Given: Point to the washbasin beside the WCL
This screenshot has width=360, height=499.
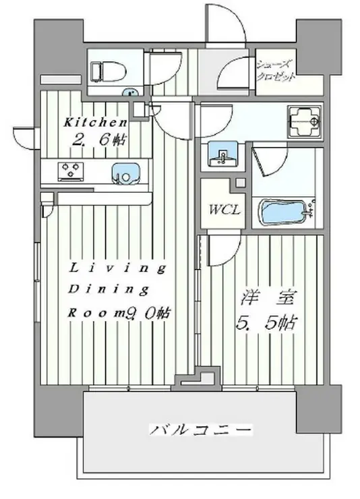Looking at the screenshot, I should point(220,156).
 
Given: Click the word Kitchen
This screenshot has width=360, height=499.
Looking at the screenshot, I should point(95,123).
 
